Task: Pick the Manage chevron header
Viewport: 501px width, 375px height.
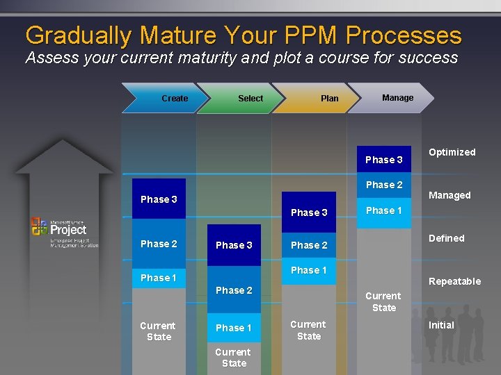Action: (x=393, y=98)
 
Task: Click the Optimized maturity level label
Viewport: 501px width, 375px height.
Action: (x=452, y=152)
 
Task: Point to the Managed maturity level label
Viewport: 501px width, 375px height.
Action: (x=450, y=195)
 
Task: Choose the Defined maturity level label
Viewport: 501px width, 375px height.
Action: (x=446, y=238)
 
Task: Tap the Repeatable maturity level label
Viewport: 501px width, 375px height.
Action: (x=454, y=281)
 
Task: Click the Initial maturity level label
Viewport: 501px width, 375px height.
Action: (x=441, y=325)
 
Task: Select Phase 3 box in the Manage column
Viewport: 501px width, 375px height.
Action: (x=384, y=160)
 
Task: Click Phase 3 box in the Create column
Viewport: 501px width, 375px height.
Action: (x=159, y=199)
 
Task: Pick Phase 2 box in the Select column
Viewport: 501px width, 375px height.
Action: (x=234, y=290)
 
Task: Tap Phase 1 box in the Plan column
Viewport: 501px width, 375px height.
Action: (x=309, y=270)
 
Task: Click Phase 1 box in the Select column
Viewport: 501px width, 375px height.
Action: (x=234, y=328)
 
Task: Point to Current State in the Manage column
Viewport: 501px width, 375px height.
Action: (x=383, y=301)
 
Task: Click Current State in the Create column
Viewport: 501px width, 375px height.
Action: (x=159, y=331)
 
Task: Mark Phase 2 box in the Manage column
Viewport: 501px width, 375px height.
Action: (x=384, y=185)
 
